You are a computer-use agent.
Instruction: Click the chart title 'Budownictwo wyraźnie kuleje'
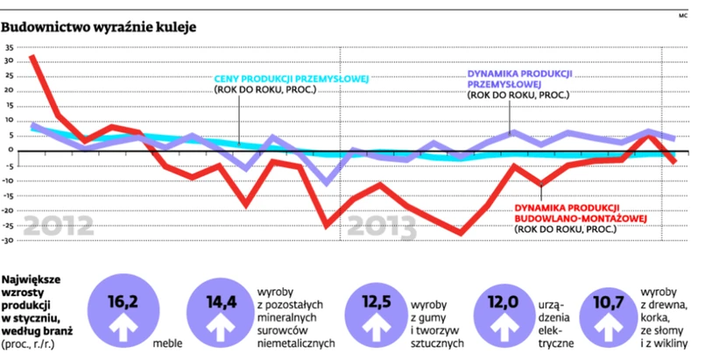click(x=98, y=27)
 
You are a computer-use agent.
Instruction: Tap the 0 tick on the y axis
click(x=11, y=151)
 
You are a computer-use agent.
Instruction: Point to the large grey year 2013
click(x=381, y=226)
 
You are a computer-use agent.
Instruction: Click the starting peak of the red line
click(x=32, y=58)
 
